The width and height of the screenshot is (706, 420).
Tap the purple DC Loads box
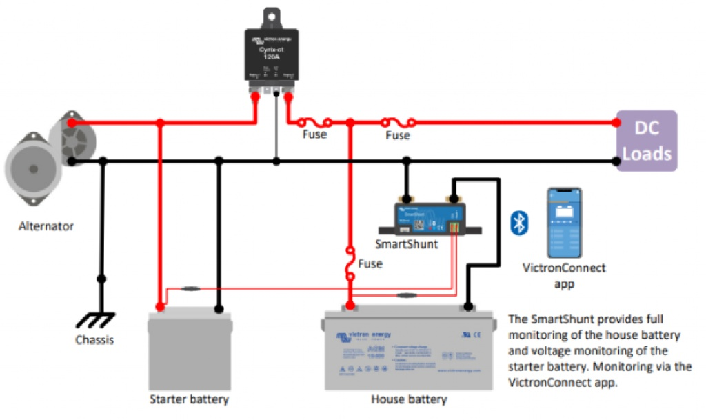coord(647,141)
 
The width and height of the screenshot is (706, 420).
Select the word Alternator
coord(46,226)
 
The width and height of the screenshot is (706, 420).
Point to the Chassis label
coord(94,340)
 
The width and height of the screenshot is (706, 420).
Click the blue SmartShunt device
coord(428,216)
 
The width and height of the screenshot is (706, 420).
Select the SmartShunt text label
coord(406,243)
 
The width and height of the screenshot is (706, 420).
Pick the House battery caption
coord(409,399)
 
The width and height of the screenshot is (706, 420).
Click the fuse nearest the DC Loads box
coord(397,122)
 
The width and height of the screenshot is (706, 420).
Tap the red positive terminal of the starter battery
coord(160,306)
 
